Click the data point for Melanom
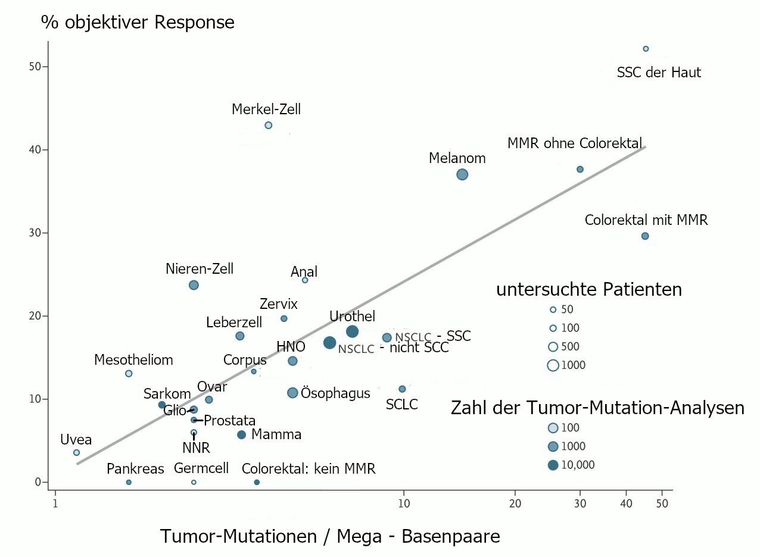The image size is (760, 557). tap(462, 174)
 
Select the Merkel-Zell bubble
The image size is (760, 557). tap(268, 125)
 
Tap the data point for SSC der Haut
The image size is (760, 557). tap(646, 49)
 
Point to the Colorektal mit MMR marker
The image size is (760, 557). tap(644, 236)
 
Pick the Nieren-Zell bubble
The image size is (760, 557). tap(194, 285)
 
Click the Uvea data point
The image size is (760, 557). tap(76, 452)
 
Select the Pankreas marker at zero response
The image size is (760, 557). tap(129, 482)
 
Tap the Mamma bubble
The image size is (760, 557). tap(241, 435)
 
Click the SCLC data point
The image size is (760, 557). tap(402, 389)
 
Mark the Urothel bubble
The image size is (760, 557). tap(352, 331)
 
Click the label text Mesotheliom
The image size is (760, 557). tap(133, 360)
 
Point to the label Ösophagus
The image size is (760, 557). tap(336, 393)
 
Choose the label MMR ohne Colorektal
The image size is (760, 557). tap(575, 143)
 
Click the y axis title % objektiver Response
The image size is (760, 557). tap(138, 23)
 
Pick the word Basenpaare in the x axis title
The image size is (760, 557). tap(451, 536)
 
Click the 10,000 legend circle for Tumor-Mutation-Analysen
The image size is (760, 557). tap(553, 465)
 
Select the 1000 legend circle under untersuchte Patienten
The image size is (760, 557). tap(553, 365)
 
